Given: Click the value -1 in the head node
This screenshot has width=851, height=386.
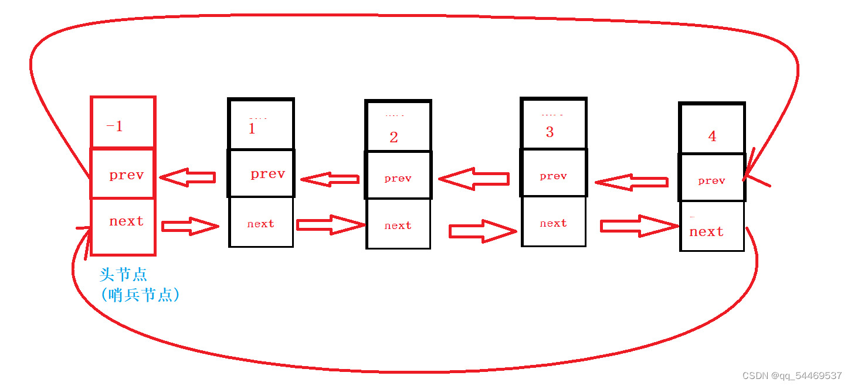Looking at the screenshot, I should pos(115,127).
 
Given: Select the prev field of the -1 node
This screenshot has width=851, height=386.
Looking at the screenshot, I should pos(126,175).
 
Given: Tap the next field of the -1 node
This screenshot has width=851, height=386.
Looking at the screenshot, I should pos(126,221).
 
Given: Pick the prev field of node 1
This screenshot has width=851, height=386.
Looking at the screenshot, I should pos(267,174).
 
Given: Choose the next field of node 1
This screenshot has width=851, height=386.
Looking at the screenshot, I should pos(261,224).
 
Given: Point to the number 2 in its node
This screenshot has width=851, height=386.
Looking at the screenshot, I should pos(394,138).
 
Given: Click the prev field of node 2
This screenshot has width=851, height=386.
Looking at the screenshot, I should pos(398,179).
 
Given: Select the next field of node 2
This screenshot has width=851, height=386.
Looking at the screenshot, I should pos(398,226).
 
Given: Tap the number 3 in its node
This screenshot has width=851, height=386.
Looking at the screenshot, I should pos(550,132).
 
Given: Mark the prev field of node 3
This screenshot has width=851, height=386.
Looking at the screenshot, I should pos(554,176).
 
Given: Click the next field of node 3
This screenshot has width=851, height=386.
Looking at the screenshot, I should pos(554,224).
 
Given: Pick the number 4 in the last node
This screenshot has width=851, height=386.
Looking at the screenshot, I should pos(712,136).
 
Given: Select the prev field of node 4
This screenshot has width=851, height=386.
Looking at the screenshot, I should pos(712,181).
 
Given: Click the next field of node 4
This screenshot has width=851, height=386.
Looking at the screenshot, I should pos(707,232).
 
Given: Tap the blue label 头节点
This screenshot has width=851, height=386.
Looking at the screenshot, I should pos(123,275).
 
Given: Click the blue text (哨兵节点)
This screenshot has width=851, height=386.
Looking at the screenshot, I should pos(140,295).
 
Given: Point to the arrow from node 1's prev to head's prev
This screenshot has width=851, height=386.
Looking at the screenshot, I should pos(188,177).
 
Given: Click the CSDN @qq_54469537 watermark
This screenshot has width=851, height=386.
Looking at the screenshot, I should pos(792,376).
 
